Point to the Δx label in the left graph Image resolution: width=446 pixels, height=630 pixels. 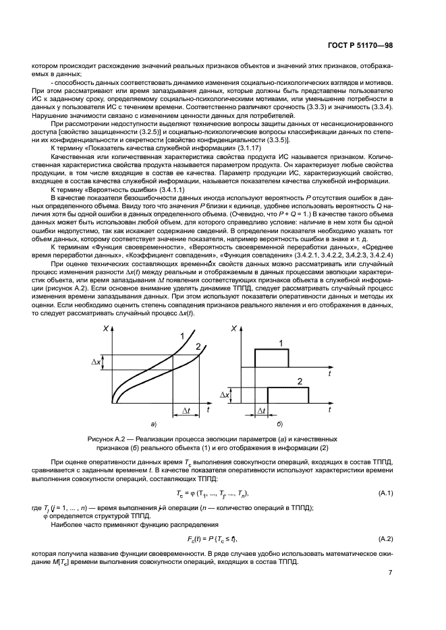click(96, 362)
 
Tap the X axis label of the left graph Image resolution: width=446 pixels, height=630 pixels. click(106, 328)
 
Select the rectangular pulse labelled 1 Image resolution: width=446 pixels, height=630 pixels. click(271, 357)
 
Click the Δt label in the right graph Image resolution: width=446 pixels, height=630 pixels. click(261, 410)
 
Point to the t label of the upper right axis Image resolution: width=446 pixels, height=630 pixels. click(329, 372)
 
